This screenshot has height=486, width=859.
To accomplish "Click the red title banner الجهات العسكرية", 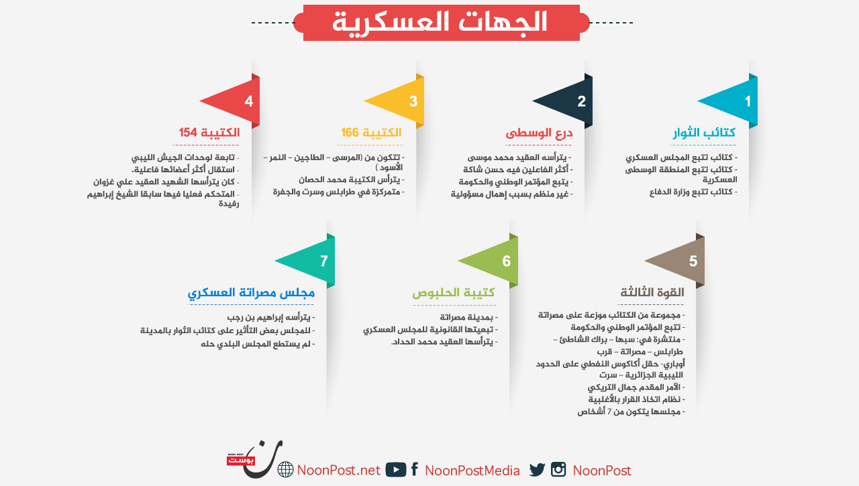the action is (442, 23).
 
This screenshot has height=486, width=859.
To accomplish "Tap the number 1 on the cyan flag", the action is (748, 101).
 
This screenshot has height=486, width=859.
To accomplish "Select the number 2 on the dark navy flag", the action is (581, 101).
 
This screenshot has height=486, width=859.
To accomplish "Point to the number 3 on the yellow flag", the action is (413, 101).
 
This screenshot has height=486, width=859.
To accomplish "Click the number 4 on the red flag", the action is (249, 101).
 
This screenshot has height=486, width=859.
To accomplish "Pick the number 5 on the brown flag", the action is (693, 261).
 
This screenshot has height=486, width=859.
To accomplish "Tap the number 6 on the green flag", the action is (506, 261).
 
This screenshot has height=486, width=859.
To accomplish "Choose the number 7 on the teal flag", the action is (323, 261).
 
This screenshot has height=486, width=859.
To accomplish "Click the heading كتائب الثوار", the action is (704, 133).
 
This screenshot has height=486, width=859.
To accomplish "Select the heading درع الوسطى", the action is (539, 133).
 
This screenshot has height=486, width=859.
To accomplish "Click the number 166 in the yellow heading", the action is (350, 133).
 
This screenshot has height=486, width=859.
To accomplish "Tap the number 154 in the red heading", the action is (188, 133).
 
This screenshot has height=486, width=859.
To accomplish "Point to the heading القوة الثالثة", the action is (652, 292).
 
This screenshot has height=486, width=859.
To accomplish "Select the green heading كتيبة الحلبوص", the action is (453, 292).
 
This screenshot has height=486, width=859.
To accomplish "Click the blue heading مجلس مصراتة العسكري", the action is (251, 292).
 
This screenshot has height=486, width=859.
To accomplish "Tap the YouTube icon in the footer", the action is (396, 469).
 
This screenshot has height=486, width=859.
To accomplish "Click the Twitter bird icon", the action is (538, 469).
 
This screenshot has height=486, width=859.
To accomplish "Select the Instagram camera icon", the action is (558, 469).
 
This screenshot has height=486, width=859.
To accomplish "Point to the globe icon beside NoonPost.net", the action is (285, 469).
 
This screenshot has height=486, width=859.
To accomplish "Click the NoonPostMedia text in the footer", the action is (472, 471).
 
